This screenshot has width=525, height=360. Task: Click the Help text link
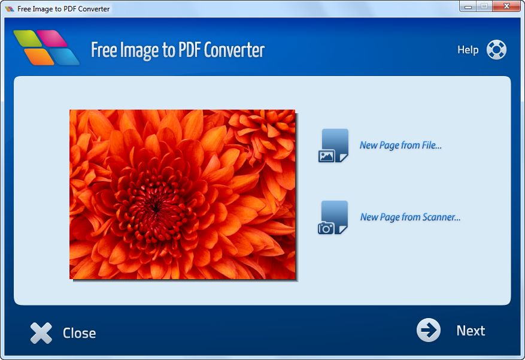[x=468, y=50]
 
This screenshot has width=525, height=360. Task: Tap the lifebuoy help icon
[x=496, y=50]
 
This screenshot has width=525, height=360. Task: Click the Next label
[x=471, y=331]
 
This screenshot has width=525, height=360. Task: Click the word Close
[x=80, y=333]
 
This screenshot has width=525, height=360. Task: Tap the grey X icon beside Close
[x=41, y=333]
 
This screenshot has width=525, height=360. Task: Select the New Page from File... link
[x=400, y=145]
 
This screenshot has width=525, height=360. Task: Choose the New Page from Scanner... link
[x=410, y=217]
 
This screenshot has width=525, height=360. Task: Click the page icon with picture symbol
[x=333, y=146]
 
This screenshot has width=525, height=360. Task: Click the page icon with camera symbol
[x=333, y=217]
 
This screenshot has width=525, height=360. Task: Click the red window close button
[x=506, y=6]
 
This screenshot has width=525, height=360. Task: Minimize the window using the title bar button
[x=468, y=6]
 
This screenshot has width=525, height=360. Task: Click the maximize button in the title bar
[x=484, y=6]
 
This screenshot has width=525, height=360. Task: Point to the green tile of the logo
[x=28, y=38]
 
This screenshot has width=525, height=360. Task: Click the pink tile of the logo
[x=52, y=38]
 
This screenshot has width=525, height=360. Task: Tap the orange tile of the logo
[x=39, y=56]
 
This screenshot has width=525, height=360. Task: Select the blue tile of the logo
[x=64, y=56]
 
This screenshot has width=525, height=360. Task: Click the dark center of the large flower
[x=156, y=206]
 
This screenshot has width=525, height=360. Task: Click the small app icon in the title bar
[x=10, y=9]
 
